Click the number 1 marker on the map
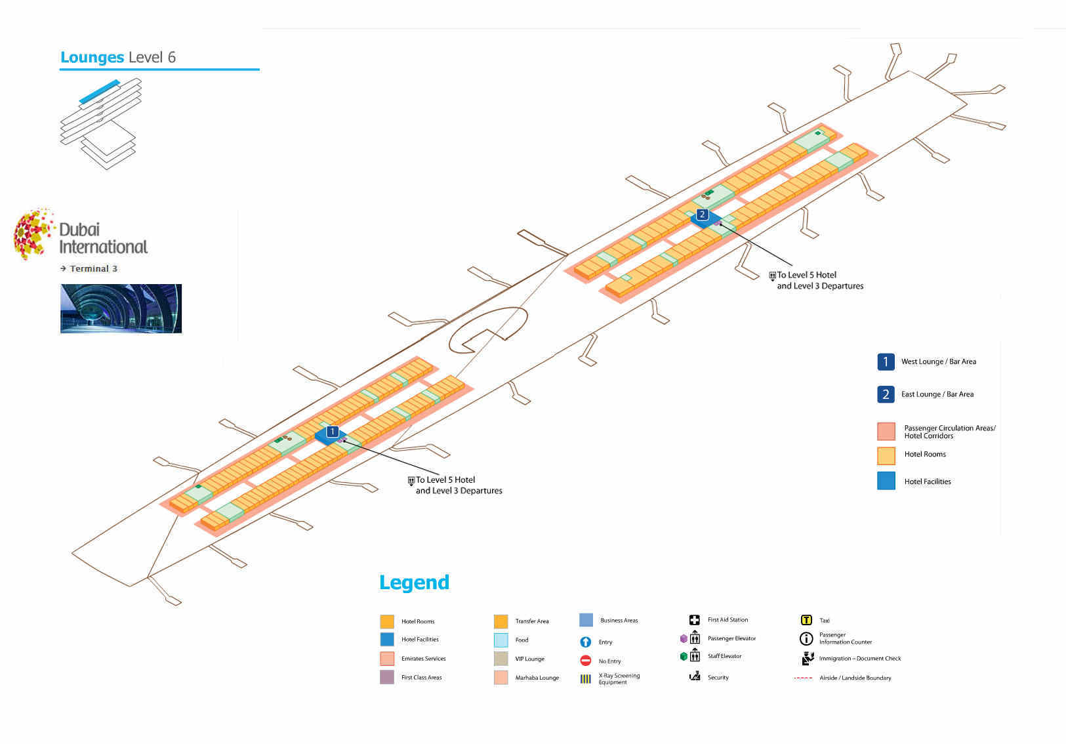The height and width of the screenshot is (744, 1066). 333,432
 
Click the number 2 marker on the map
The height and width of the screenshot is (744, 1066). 702,215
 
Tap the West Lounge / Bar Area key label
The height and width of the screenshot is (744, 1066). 938,362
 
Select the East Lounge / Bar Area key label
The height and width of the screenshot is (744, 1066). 937,394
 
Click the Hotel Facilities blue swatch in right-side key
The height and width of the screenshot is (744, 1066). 886,481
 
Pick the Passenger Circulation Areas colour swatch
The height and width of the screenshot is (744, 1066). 886,431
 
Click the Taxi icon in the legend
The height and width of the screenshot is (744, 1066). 806,620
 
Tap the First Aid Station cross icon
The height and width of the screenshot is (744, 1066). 694,620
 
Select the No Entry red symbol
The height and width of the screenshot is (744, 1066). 586,661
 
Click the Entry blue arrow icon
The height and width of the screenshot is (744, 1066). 586,642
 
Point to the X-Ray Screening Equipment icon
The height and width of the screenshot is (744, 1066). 586,679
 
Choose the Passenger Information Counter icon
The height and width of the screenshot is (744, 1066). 806,638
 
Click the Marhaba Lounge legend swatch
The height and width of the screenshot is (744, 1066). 501,678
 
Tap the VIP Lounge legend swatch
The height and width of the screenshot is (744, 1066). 501,659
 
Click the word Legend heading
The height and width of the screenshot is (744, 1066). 414,583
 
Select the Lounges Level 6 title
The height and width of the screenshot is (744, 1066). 118,58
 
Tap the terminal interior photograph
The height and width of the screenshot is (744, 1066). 121,308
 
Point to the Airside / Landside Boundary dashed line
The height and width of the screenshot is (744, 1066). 803,678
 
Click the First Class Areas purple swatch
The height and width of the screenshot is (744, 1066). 387,677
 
